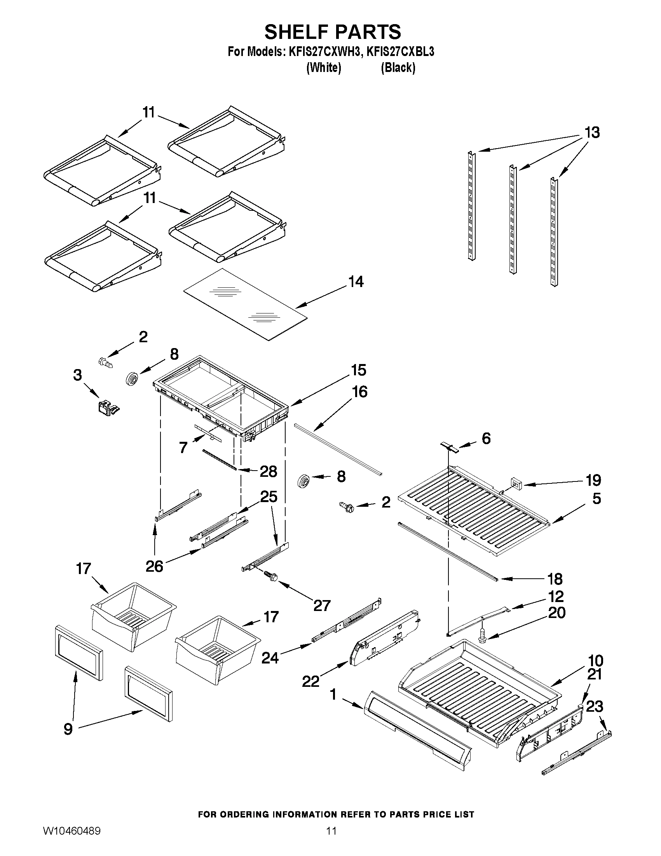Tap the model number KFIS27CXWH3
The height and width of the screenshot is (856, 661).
click(x=324, y=52)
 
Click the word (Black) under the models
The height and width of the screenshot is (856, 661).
click(x=398, y=68)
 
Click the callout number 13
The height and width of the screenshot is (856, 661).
click(x=592, y=133)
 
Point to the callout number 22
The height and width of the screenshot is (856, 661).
click(x=310, y=681)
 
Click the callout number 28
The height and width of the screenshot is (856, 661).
click(x=268, y=471)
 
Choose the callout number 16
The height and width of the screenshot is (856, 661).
click(x=359, y=392)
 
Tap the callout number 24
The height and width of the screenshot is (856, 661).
click(x=270, y=657)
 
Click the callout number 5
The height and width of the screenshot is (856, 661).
click(x=596, y=499)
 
